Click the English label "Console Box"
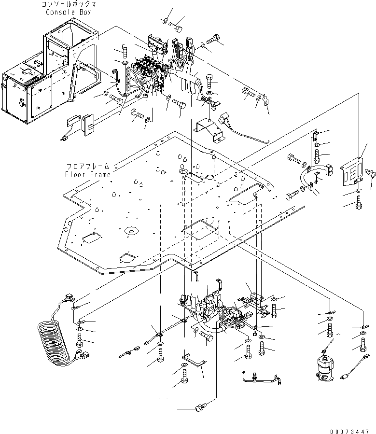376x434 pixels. pos(70,12)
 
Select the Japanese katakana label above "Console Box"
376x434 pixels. pos(70,4)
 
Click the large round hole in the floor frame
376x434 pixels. pos(130,231)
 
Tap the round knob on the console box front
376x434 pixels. pos(22,103)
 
